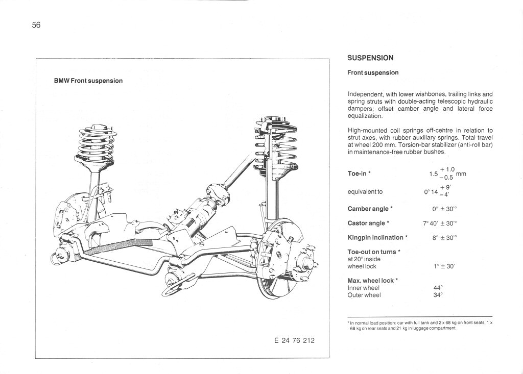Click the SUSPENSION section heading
[x=370, y=58]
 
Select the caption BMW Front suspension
[x=88, y=81]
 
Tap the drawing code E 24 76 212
[x=294, y=340]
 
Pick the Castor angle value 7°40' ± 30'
[x=439, y=223]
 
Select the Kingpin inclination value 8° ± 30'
[x=444, y=237]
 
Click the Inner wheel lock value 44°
[x=438, y=288]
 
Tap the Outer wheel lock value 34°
[x=438, y=295]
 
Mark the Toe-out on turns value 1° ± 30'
[x=443, y=266]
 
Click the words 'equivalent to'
[x=365, y=192]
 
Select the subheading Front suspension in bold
[x=372, y=72]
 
